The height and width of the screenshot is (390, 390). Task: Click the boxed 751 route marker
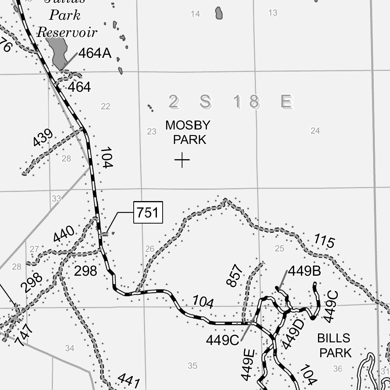point(148,213)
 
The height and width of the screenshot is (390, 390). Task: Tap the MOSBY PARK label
point(188,132)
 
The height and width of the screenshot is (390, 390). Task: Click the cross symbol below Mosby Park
point(182,160)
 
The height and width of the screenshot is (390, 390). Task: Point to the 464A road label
point(95,54)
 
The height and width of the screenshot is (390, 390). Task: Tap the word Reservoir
point(67,32)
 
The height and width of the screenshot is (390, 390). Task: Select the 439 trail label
point(43,138)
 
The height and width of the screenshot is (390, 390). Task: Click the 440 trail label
point(64,234)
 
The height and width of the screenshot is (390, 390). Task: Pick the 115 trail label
point(324,241)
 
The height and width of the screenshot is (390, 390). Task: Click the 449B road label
point(304,271)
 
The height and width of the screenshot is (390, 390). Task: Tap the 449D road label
point(293,334)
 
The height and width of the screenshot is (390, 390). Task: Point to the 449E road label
point(248,364)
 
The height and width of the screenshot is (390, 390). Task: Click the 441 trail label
point(129,380)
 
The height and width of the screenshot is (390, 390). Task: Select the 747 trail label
point(24,335)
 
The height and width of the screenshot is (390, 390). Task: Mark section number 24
point(315,131)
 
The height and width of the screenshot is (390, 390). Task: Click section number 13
point(273,13)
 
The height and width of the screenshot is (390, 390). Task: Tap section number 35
point(193,366)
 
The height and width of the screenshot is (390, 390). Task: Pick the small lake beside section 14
point(219,13)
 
